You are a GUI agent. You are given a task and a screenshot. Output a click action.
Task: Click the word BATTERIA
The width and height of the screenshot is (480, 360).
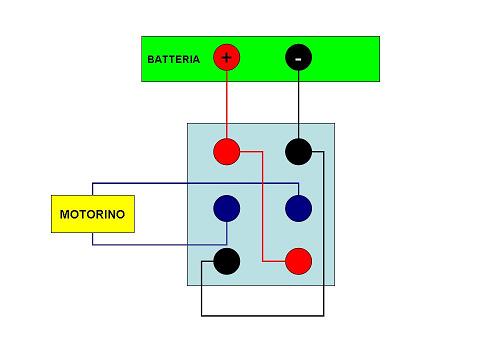(173, 59)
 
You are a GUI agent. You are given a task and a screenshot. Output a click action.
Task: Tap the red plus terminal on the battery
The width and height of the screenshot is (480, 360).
(227, 58)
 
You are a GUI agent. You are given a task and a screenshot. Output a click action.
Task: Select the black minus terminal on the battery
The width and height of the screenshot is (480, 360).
(298, 58)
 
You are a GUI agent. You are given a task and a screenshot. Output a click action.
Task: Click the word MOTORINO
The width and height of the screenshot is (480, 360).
(92, 214)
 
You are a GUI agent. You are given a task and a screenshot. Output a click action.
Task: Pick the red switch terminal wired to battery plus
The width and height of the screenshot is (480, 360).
(227, 152)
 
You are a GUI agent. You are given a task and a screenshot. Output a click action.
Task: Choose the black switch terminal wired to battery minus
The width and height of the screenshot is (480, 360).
(298, 152)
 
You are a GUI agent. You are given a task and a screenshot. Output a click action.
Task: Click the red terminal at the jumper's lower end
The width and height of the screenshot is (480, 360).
(298, 261)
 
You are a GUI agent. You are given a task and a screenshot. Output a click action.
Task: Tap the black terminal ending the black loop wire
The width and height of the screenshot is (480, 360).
(227, 261)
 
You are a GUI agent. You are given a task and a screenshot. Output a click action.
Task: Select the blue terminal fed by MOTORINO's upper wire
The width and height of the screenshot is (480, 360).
(298, 208)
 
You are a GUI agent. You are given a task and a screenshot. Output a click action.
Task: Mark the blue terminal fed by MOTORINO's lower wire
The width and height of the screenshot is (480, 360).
(227, 208)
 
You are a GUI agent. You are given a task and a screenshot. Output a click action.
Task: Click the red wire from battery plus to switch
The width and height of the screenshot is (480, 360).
(227, 105)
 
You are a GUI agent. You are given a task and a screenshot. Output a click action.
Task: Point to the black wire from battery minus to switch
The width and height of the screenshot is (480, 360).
(298, 105)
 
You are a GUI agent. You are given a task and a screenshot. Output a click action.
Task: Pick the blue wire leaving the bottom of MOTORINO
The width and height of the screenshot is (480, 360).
(160, 244)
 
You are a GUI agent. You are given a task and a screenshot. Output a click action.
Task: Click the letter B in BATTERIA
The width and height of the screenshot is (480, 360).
(151, 59)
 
